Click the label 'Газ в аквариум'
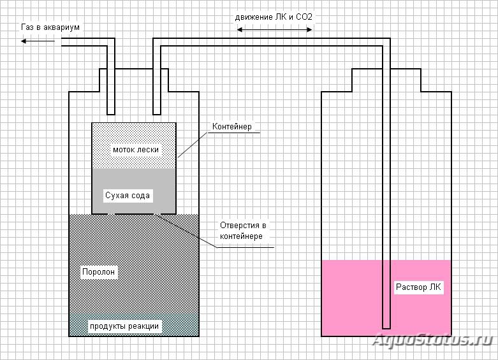tap(50, 27)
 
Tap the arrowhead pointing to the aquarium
tap(23, 41)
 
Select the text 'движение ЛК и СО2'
tap(274, 17)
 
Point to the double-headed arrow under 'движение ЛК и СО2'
tap(275, 30)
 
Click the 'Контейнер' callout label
tap(232, 126)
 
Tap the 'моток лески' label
tap(136, 150)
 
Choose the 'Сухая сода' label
tap(128, 195)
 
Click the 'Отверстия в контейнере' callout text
tap(243, 231)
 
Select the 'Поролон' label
tap(98, 271)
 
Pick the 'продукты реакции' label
tap(124, 326)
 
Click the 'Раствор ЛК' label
tap(418, 287)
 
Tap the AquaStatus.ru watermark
tap(432, 340)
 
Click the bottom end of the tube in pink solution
tap(386, 328)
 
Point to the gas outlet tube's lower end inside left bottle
tap(111, 113)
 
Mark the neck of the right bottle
tap(386, 80)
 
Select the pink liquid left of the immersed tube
tap(351, 298)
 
